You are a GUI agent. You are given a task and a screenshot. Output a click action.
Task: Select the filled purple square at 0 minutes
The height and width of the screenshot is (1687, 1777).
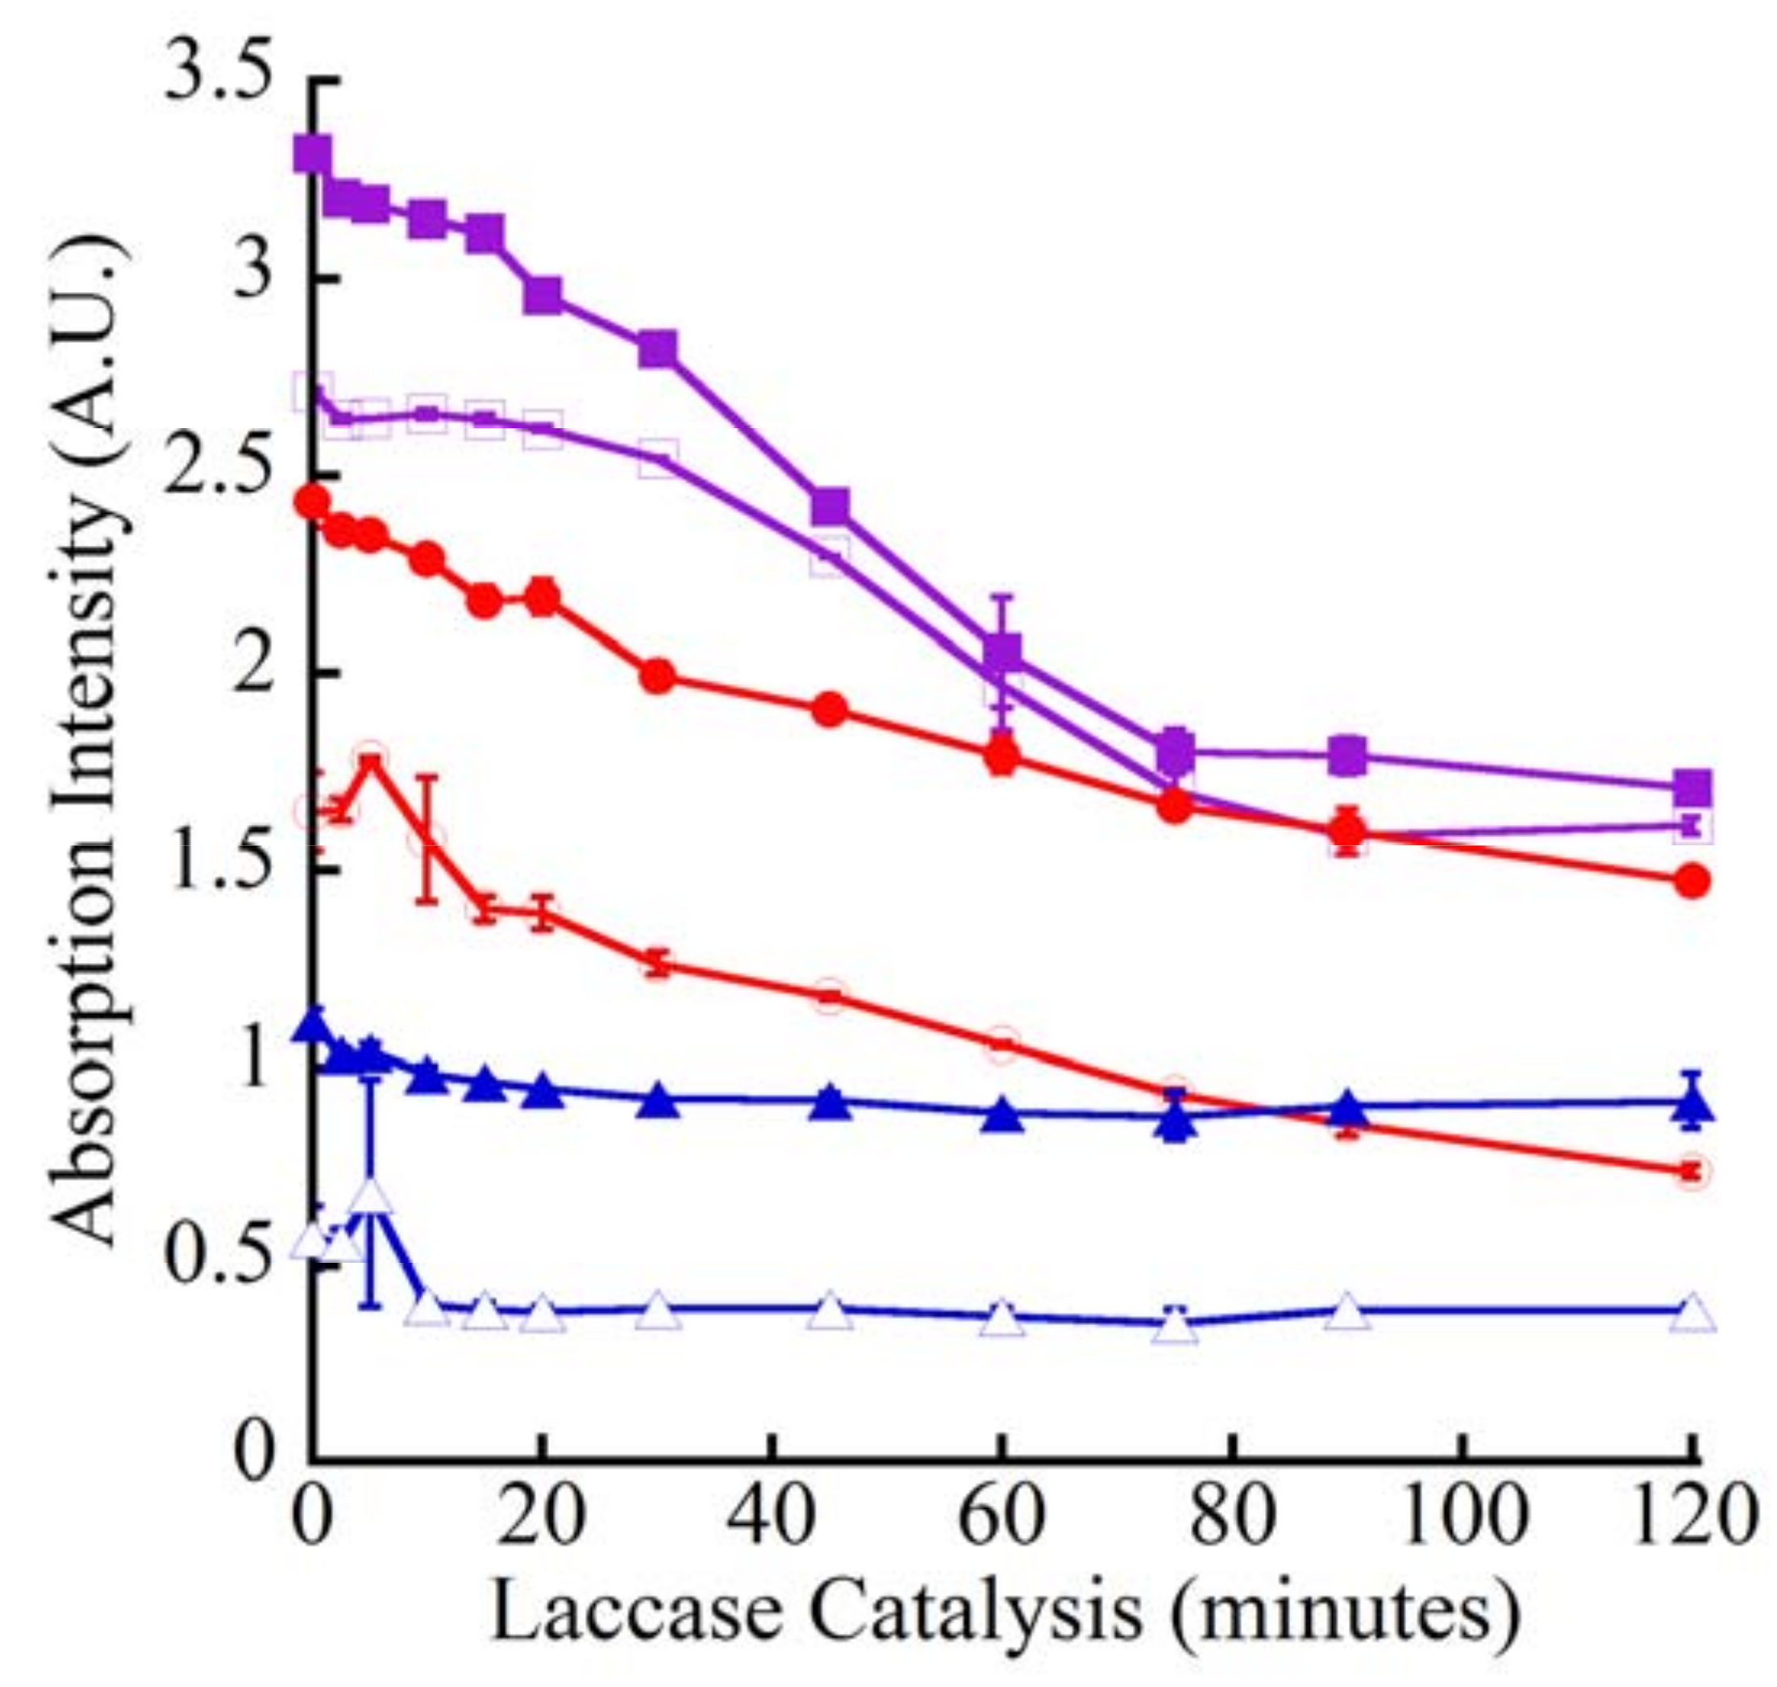pyautogui.click(x=312, y=154)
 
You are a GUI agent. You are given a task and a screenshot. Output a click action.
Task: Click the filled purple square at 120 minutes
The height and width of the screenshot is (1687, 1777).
pyautogui.click(x=1692, y=788)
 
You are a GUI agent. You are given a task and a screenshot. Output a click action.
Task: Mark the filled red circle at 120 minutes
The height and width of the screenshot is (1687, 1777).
pyautogui.click(x=1692, y=882)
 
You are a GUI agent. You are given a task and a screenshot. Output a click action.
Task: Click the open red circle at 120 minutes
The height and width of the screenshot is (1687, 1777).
pyautogui.click(x=1692, y=1172)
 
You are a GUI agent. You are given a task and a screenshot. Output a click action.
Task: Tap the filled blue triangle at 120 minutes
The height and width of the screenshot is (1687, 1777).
pyautogui.click(x=1692, y=1103)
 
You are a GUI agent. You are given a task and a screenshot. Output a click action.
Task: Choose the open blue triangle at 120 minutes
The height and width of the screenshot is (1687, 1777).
pyautogui.click(x=1692, y=1312)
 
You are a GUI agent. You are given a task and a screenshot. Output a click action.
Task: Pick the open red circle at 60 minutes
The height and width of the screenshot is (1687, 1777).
pyautogui.click(x=1002, y=1044)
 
